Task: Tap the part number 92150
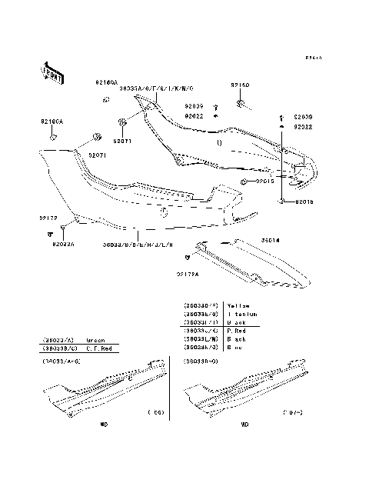click(x=240, y=86)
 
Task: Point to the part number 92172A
click(x=187, y=273)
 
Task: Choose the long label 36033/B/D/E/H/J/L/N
click(x=137, y=245)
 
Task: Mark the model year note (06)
click(x=155, y=412)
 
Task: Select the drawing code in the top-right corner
click(x=312, y=58)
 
